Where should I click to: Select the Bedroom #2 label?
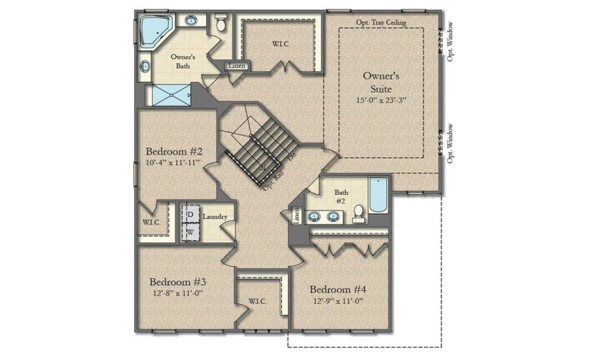(173, 149)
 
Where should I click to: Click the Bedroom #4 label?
(338, 290)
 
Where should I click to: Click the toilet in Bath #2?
(359, 216)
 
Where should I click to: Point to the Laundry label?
(215, 217)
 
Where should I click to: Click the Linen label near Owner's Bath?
(235, 67)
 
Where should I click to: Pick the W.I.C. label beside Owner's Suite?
(281, 43)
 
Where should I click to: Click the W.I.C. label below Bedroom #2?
(151, 223)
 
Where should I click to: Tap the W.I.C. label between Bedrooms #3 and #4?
(258, 302)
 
